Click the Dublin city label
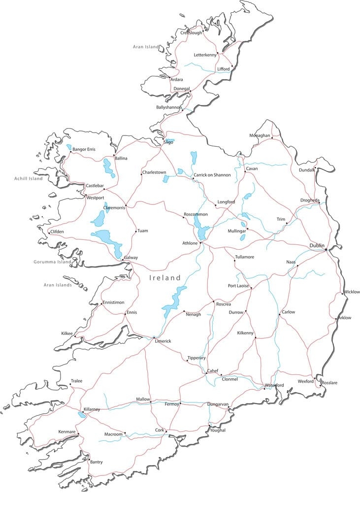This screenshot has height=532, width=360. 317,245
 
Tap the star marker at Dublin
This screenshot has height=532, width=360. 326,250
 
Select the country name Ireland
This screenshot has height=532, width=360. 165,278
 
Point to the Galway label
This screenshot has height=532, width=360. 131,258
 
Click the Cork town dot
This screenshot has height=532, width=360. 166,432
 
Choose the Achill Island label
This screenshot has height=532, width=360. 29,179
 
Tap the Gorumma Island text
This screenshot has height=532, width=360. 52,262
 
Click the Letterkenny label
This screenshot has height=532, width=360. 205,55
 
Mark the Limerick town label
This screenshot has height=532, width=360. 163,341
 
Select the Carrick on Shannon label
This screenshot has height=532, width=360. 212,175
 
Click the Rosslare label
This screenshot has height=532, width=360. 329,383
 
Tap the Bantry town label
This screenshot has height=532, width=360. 97,462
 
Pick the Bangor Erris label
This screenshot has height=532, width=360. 84,149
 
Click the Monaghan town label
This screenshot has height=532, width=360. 260,135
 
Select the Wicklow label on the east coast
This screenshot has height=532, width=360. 352,292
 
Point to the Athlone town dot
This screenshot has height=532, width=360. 200,243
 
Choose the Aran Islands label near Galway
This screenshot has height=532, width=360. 58,285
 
